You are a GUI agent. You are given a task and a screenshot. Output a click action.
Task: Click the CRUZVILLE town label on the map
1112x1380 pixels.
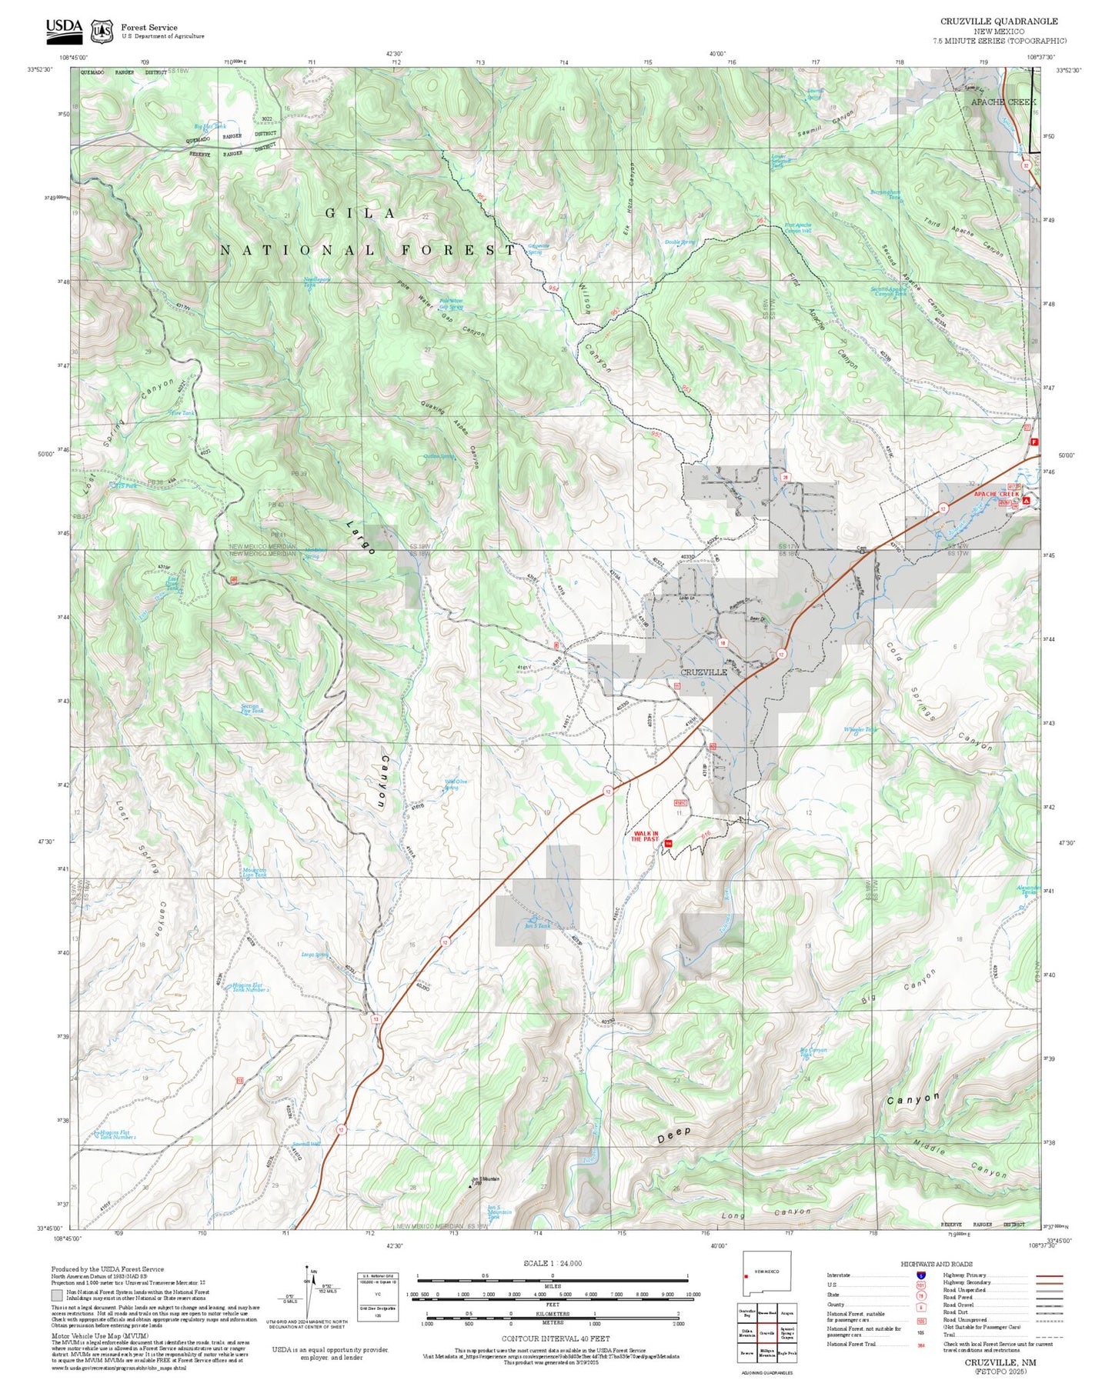[x=704, y=672]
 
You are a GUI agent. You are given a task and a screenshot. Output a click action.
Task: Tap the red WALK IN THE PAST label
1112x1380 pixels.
[x=645, y=836]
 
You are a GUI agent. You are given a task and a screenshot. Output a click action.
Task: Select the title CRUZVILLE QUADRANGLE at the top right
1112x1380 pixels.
[x=999, y=22]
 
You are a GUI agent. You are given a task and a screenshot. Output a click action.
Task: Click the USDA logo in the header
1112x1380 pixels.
[x=64, y=29]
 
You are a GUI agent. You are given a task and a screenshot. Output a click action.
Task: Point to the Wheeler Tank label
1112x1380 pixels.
[x=860, y=729]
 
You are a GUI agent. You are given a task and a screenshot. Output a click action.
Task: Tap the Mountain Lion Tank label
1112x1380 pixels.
[x=254, y=872]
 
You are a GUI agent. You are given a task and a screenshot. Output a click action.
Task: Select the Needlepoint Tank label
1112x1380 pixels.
[x=316, y=282]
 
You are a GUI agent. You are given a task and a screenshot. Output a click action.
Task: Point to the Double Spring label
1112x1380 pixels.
[x=680, y=242]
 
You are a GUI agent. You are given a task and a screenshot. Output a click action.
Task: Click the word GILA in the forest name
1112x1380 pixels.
[x=360, y=214]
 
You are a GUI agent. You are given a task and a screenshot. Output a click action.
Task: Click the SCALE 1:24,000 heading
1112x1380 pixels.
[x=552, y=1263]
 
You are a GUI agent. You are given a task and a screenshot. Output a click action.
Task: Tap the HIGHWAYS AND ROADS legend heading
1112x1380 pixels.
[x=936, y=1264]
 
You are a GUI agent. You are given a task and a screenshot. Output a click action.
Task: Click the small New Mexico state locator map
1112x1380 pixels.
[x=766, y=1274]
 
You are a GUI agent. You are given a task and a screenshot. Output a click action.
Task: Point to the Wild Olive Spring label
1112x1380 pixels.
[x=455, y=784]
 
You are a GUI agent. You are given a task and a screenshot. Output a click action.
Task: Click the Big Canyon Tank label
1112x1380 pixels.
[x=813, y=1052]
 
